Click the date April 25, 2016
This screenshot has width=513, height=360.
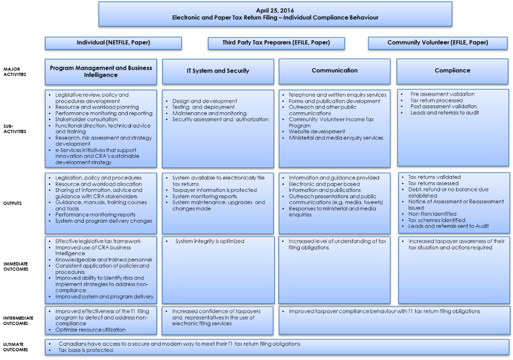275,10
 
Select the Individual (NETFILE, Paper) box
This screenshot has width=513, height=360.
113,43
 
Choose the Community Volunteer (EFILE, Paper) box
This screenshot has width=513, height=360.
438,43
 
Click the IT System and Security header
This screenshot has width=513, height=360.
218,71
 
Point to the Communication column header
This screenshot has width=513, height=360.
335,71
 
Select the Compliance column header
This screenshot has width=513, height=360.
452,71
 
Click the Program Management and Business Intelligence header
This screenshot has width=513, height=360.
101,71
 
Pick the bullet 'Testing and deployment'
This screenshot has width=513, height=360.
196,107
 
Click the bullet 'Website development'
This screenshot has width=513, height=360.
316,132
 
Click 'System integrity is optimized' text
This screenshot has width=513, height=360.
209,242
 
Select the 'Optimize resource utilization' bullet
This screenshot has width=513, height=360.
90,330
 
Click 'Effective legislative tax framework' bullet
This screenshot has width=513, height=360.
97,241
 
